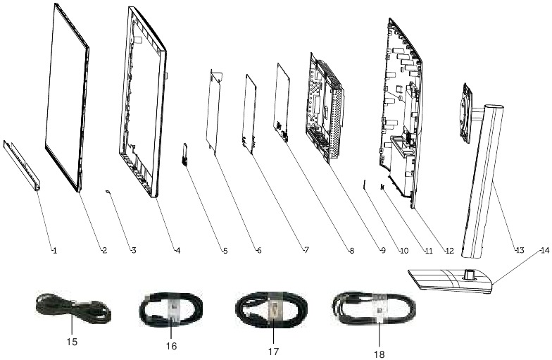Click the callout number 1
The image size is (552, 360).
[53, 250]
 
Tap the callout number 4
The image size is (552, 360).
[177, 250]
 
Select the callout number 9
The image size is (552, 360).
[383, 250]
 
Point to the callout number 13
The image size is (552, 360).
[519, 250]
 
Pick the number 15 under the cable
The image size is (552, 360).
[70, 343]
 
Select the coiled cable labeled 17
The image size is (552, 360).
[270, 310]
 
